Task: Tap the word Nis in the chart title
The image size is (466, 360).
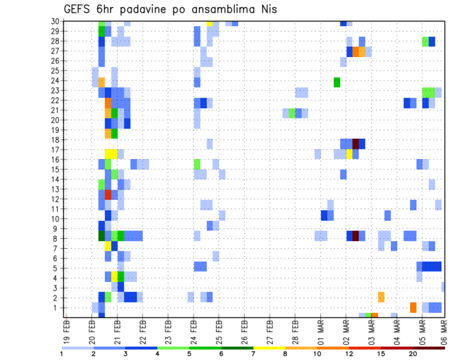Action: [x=267, y=9]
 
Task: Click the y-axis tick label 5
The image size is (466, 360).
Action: [x=57, y=268]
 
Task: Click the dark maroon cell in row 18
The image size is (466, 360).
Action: [x=355, y=144]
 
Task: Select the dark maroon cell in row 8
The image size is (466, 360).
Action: [x=355, y=236]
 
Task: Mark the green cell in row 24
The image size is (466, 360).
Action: [x=337, y=82]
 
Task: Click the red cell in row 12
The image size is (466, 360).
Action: [x=108, y=195]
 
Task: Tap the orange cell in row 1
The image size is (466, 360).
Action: [x=413, y=308]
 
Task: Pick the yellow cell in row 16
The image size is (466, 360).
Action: [x=349, y=154]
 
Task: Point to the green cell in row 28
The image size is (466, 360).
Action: [x=425, y=41]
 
